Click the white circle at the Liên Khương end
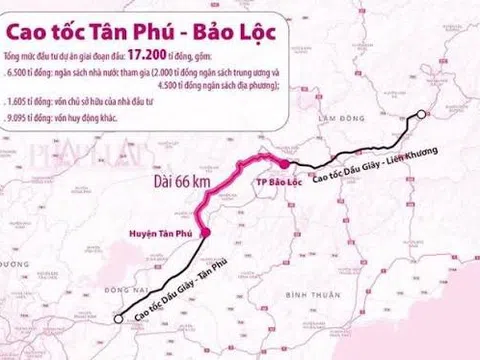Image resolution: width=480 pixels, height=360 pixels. point(421,117)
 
